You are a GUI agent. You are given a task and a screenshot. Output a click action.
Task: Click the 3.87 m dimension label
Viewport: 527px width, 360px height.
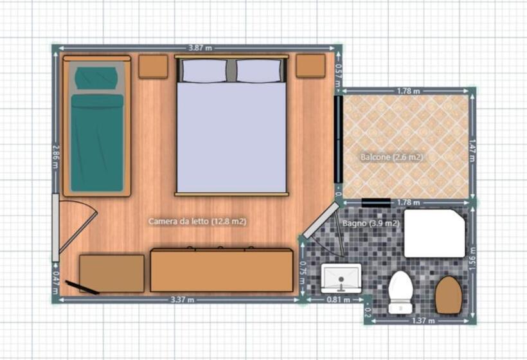(x=199, y=48)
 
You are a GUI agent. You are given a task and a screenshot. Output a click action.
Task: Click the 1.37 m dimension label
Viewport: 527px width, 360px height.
(x=424, y=319)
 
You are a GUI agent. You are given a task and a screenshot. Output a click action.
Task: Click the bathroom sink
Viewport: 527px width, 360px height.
(x=341, y=276)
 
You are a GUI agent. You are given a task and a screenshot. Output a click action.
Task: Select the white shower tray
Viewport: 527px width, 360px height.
(x=434, y=233)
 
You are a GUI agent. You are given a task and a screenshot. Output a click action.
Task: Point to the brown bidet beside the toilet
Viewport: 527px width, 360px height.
(x=449, y=294)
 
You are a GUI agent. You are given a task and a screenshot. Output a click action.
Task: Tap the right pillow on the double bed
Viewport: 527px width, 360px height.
(x=259, y=71)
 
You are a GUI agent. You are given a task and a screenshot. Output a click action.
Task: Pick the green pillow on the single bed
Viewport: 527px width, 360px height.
(x=96, y=78)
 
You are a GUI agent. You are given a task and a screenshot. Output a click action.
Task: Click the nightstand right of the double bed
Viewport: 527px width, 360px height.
(x=310, y=66)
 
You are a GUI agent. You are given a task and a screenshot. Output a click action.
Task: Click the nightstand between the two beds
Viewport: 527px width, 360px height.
(x=153, y=66)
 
